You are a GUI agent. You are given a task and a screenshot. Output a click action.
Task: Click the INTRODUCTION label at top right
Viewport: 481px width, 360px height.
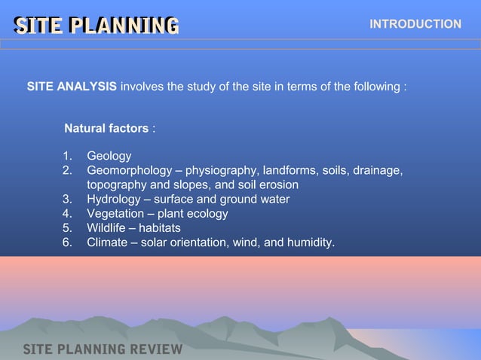click(415, 24)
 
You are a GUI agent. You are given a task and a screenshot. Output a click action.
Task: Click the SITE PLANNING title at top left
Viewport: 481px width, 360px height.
click(97, 26)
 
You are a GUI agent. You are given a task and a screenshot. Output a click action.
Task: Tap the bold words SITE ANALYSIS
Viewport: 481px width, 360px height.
click(72, 87)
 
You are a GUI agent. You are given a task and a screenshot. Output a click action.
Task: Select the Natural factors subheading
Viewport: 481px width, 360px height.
click(106, 128)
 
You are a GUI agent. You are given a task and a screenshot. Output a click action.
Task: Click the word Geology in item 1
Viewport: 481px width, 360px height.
click(109, 156)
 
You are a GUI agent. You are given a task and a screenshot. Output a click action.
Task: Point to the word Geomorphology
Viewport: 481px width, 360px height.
click(129, 170)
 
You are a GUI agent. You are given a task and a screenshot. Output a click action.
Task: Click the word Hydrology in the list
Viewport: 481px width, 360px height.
click(113, 199)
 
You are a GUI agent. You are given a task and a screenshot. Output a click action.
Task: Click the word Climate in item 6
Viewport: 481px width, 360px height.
click(109, 242)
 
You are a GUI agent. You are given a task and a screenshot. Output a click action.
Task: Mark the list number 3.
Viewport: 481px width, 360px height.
click(67, 199)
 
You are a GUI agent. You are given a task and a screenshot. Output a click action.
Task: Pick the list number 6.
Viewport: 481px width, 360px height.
click(67, 242)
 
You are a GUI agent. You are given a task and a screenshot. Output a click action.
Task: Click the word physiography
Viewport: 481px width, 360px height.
click(220, 170)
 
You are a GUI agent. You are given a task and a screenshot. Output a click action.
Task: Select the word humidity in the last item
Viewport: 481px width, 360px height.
click(311, 242)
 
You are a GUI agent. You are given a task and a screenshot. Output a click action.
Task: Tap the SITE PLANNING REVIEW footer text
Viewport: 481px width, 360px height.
click(103, 349)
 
